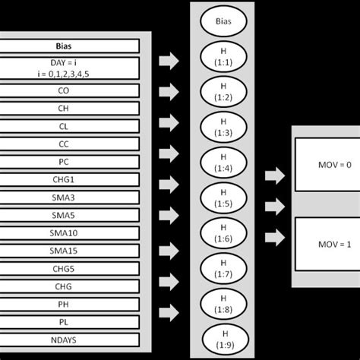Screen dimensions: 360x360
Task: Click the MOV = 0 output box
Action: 326,165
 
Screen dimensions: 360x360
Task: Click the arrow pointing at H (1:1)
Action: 169,60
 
